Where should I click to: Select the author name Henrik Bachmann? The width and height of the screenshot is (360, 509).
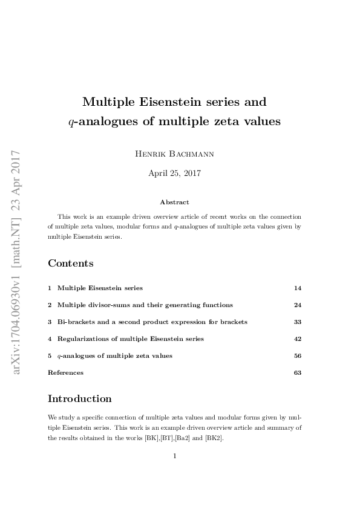coord(174,154)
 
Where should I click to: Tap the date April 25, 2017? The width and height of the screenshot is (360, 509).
coord(174,173)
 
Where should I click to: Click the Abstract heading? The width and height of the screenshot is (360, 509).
coord(174,203)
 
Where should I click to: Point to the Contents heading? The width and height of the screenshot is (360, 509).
coord(71,263)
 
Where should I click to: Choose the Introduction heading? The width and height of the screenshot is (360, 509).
coord(79,398)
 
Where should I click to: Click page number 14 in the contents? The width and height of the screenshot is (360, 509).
coord(297,288)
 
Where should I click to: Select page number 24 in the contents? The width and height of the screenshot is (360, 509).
coord(297,305)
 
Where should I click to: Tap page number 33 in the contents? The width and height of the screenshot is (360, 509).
coord(297,322)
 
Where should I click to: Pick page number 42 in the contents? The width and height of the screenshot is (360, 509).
coord(297,339)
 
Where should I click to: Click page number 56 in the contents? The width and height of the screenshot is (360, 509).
coord(297,355)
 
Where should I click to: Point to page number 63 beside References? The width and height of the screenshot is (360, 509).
coord(297,372)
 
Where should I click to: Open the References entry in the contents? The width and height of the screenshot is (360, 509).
coord(65,372)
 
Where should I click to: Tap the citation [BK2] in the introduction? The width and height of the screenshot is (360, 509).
coord(214,438)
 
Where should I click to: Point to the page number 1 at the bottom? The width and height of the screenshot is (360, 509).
coord(174,456)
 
